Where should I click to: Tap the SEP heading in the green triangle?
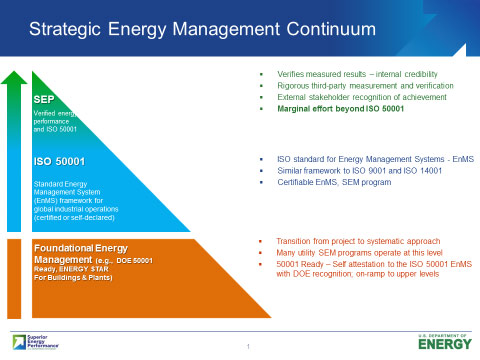(44, 100)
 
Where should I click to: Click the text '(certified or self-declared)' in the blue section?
(76, 216)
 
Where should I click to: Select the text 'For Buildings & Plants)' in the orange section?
(73, 276)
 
